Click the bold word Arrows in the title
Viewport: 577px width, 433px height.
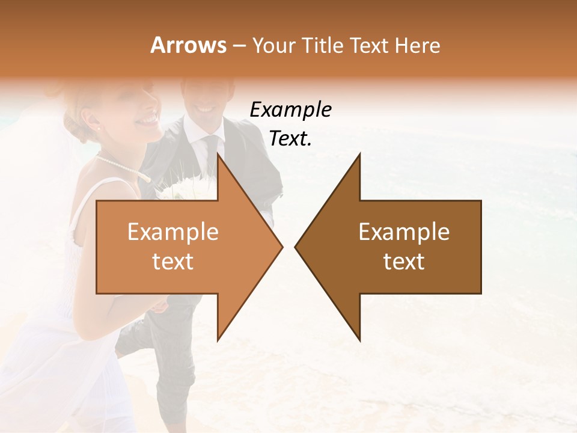tap(188, 45)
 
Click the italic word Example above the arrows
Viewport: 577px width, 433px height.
tap(290, 110)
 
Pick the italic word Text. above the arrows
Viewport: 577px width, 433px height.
tap(290, 139)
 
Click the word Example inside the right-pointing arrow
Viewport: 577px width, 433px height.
tap(173, 232)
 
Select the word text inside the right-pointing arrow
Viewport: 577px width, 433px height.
tap(173, 262)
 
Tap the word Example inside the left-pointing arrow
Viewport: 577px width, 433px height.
tap(404, 232)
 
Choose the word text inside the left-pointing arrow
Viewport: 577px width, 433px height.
tap(404, 262)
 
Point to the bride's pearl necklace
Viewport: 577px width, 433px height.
tap(120, 165)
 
